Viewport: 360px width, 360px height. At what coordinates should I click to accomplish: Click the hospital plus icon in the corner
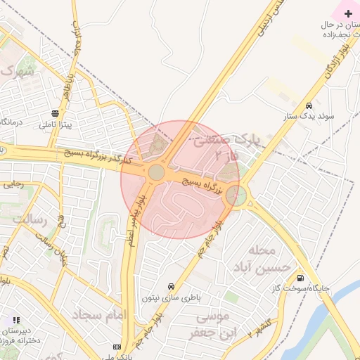tap(349, 13)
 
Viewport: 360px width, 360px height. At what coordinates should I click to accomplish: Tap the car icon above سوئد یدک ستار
tap(309, 106)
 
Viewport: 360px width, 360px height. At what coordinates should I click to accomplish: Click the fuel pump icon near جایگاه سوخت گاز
tap(301, 277)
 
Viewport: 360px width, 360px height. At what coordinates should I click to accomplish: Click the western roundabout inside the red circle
tap(156, 172)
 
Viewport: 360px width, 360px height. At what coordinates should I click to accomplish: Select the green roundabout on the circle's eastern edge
tap(236, 196)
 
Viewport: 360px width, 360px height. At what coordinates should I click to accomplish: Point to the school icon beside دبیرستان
tap(15, 321)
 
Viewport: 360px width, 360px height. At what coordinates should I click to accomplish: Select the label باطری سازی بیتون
tap(172, 297)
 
